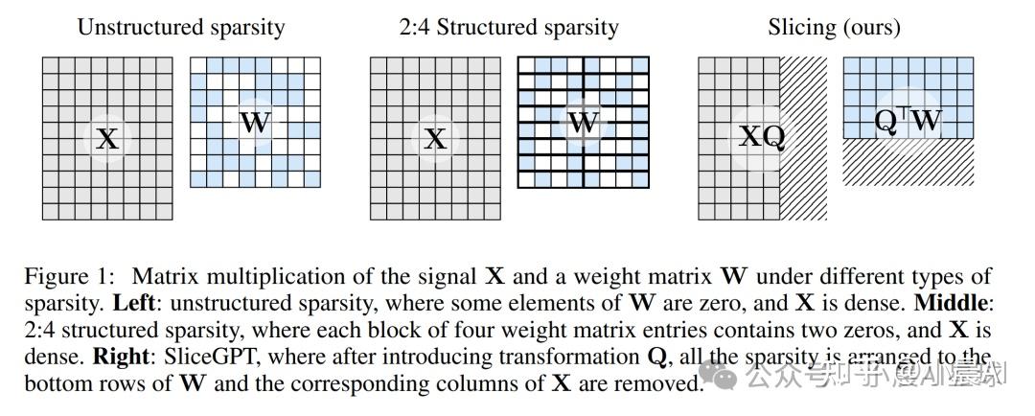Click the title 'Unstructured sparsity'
click(180, 27)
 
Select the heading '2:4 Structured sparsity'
click(509, 27)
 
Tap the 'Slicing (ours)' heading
click(834, 27)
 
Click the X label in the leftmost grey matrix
click(107, 139)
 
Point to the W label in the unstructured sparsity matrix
click(254, 123)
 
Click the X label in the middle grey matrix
click(435, 139)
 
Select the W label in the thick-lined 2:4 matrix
click(583, 123)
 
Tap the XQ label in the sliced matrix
click(762, 136)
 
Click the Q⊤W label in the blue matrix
click(908, 120)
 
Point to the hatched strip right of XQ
click(804, 138)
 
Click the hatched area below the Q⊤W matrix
click(908, 163)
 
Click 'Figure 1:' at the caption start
click(69, 277)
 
